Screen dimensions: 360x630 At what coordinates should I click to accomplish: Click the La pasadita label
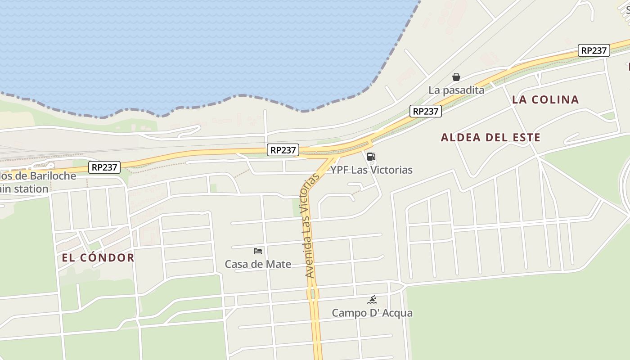coord(456,90)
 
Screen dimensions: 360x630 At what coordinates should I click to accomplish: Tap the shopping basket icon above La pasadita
coord(456,77)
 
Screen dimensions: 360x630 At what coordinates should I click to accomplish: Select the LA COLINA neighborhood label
coord(545,100)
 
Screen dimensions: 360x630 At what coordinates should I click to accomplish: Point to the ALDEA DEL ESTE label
coord(490,138)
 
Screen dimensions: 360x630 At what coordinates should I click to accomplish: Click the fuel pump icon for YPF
coord(371,157)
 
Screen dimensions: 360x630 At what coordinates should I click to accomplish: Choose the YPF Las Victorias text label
coord(371,170)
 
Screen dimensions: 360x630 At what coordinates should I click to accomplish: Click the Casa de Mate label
coord(258,264)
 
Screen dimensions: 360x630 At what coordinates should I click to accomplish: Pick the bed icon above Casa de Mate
coord(258,251)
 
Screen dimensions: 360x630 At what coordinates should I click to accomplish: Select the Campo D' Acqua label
coord(372,313)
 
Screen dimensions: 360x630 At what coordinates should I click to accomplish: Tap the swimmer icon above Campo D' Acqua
coord(372,300)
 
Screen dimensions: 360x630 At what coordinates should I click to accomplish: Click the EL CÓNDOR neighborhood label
coord(98,258)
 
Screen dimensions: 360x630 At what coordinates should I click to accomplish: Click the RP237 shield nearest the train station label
coord(105,167)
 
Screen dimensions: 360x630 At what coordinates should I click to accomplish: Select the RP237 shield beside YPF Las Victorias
coord(283,150)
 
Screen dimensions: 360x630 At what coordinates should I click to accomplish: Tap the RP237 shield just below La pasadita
coord(425,111)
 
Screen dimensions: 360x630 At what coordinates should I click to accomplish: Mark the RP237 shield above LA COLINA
coord(594,50)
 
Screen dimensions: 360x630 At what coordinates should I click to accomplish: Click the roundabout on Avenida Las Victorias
coord(313,294)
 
